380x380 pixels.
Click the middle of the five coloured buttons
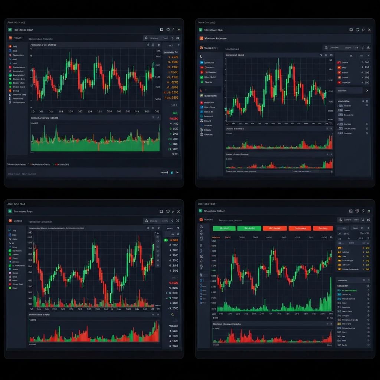click(x=275, y=228)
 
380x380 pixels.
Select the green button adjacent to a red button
click(x=249, y=228)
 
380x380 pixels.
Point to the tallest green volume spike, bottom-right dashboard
click(x=330, y=293)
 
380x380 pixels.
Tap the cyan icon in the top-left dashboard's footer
click(x=171, y=172)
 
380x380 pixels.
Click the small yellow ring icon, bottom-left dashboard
click(x=172, y=314)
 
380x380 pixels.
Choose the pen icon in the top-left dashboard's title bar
click(x=173, y=30)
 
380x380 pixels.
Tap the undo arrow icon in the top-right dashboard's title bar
click(x=357, y=30)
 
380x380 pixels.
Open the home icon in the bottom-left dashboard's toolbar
click(x=146, y=221)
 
